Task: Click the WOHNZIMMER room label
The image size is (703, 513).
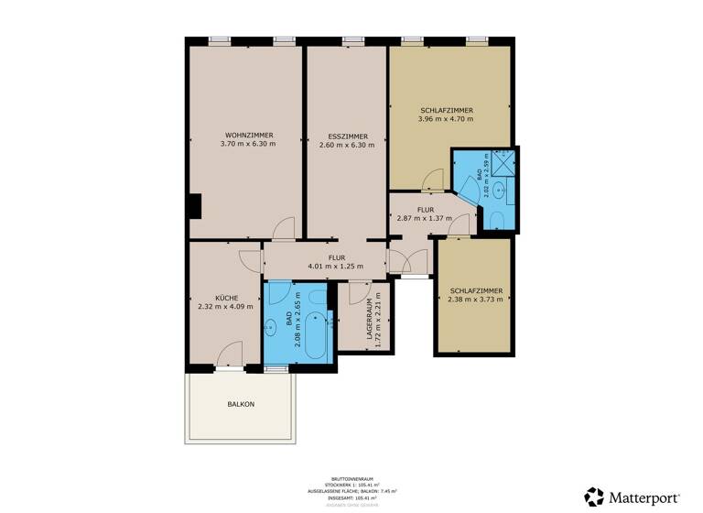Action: pos(247,136)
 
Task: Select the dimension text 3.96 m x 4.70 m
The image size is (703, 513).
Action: pos(446,118)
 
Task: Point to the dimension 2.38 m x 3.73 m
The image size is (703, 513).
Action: pos(475,300)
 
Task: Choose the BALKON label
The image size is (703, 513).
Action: pos(241,404)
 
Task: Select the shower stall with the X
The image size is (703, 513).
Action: pos(503,165)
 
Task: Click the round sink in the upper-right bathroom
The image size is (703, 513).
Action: pos(499,191)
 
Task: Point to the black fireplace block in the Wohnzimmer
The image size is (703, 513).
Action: pos(193,207)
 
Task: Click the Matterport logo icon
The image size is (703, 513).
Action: pos(594,497)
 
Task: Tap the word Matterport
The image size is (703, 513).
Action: pos(644,497)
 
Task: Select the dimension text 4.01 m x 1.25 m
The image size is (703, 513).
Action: pos(334,266)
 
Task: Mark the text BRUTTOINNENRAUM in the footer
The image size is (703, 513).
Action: pos(351,477)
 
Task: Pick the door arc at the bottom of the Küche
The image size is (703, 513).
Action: pos(230,354)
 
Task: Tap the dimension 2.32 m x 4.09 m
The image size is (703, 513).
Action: pos(224,307)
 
